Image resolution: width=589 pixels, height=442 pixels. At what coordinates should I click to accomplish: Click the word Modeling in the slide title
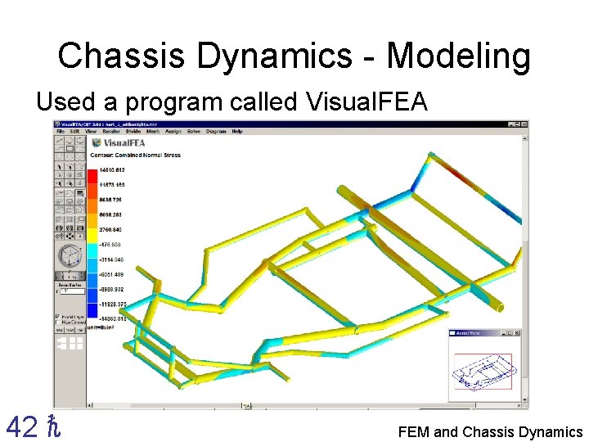point(458,57)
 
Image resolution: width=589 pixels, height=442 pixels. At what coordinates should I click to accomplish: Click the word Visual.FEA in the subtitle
point(366,102)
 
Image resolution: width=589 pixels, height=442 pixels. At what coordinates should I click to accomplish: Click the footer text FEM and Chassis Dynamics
point(490,431)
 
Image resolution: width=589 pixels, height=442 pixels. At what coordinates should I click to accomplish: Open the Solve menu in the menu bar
point(193,131)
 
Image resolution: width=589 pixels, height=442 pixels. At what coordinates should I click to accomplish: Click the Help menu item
point(237,131)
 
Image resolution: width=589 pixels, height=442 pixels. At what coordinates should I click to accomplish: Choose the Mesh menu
point(151,131)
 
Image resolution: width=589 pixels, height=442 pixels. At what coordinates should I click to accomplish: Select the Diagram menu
point(216,131)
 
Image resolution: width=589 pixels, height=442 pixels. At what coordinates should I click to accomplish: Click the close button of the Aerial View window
point(516,332)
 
